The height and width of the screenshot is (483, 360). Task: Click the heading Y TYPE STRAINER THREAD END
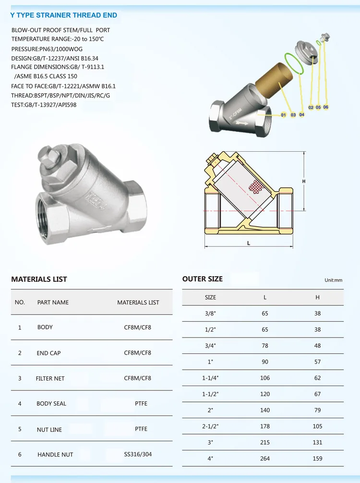(64, 15)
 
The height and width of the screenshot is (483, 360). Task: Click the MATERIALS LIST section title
(39, 279)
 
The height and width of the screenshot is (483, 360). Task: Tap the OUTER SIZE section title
(203, 279)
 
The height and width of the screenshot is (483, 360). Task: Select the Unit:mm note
(333, 280)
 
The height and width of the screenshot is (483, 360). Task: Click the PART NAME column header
(53, 302)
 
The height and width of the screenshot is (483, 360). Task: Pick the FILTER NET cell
(50, 378)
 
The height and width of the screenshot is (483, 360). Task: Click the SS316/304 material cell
(138, 454)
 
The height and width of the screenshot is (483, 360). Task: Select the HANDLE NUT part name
(55, 455)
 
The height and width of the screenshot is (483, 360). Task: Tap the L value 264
(265, 459)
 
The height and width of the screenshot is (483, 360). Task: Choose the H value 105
(317, 426)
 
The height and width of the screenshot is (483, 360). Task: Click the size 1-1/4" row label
(210, 378)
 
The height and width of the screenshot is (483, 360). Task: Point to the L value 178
(265, 426)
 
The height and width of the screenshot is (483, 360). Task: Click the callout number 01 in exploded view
(284, 115)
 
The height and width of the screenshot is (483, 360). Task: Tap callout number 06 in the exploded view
(326, 107)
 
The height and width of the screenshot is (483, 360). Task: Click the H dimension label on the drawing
(304, 181)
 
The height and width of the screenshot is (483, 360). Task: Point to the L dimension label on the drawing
(249, 243)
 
